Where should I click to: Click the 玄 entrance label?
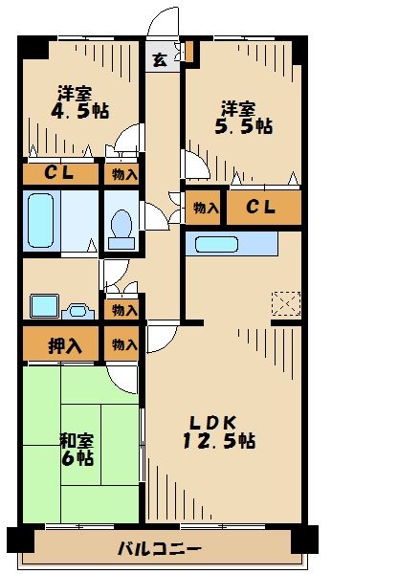pos(159,59)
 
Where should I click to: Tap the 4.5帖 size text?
pos(79,111)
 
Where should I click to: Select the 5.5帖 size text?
pos(244,125)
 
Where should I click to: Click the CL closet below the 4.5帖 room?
pos(60,174)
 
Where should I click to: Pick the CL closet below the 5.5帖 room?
pos(263,208)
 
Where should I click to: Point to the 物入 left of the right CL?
pos(205,208)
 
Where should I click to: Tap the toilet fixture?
pos(122,226)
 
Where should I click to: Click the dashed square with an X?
pos(286,303)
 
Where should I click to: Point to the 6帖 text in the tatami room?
pos(78,458)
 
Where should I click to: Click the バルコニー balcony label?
pos(159,549)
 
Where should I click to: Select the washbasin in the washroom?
pos(44,306)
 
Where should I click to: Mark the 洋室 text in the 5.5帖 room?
pos(238,107)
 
